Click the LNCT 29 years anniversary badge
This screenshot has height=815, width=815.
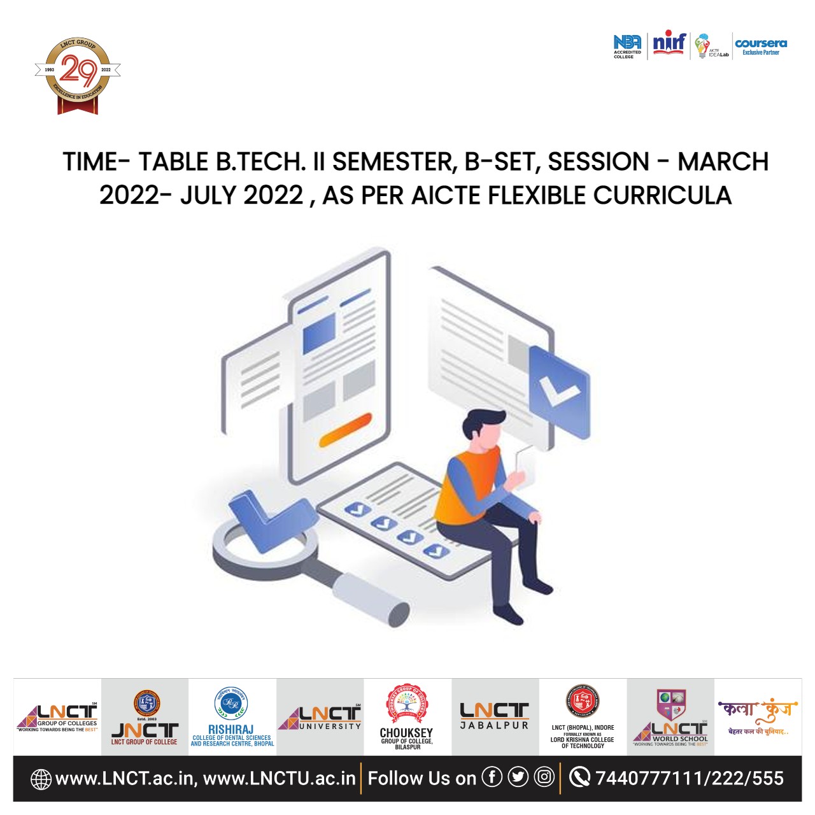pyautogui.click(x=78, y=76)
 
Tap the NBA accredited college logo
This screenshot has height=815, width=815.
pyautogui.click(x=627, y=46)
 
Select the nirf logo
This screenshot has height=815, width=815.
pyautogui.click(x=669, y=43)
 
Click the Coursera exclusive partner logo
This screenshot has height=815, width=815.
pyautogui.click(x=761, y=46)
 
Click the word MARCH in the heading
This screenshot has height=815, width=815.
pyautogui.click(x=723, y=162)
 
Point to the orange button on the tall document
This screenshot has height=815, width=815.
pyautogui.click(x=345, y=430)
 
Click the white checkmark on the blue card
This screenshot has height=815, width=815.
pyautogui.click(x=558, y=390)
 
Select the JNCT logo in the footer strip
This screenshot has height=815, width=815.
pyautogui.click(x=145, y=718)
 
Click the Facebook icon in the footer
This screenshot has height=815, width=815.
pyautogui.click(x=492, y=777)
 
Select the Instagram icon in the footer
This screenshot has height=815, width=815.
pyautogui.click(x=544, y=777)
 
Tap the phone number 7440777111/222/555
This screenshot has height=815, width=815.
pyautogui.click(x=689, y=778)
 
